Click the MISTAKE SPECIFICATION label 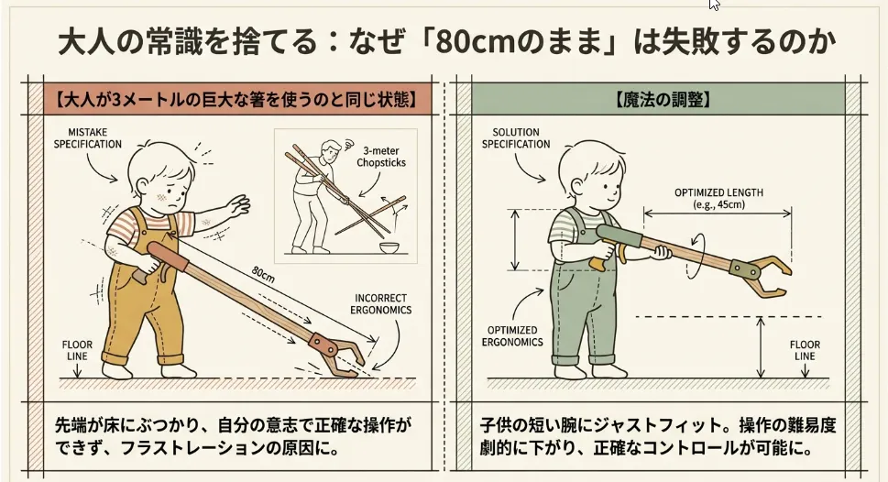click(87, 138)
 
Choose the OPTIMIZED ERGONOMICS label click(512, 335)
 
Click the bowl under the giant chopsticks click(388, 249)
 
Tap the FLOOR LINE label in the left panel click(77, 350)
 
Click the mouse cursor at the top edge click(715, 5)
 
